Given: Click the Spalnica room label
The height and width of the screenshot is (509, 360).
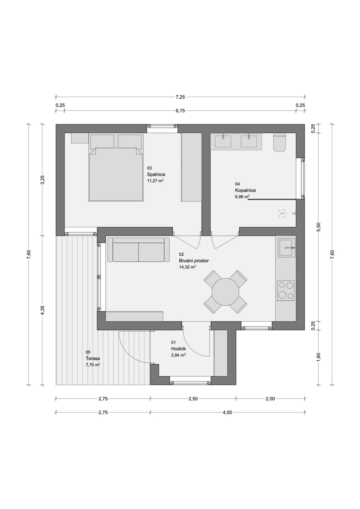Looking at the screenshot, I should pyautogui.click(x=156, y=174).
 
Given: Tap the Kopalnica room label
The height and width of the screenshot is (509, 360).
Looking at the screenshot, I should pyautogui.click(x=245, y=190).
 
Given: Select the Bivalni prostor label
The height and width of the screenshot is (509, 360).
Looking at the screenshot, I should pyautogui.click(x=194, y=261).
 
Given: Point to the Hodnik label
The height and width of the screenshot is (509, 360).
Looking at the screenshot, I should pyautogui.click(x=179, y=349).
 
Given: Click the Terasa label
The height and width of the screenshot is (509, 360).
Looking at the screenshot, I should pyautogui.click(x=93, y=359).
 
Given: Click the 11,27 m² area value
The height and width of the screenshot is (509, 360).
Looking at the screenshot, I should pyautogui.click(x=155, y=181).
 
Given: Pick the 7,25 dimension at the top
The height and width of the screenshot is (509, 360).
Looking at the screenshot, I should pyautogui.click(x=180, y=97).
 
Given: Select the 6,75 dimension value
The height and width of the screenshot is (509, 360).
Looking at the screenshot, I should pyautogui.click(x=180, y=111).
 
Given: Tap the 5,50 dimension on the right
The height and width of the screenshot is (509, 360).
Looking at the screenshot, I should pyautogui.click(x=318, y=227).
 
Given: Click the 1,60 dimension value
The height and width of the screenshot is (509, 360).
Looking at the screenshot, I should pyautogui.click(x=318, y=356).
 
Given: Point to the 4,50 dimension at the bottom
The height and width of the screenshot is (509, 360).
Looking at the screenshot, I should pyautogui.click(x=227, y=413).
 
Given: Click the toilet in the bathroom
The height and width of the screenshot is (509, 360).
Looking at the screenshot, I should pyautogui.click(x=279, y=143).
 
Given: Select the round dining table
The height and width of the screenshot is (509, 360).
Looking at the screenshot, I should pyautogui.click(x=225, y=292).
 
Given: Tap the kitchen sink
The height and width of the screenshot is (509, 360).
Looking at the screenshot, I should pyautogui.click(x=287, y=247).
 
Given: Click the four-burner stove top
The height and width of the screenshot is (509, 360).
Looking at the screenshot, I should pyautogui.click(x=286, y=290).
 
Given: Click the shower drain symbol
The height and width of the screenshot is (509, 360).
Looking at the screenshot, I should pyautogui.click(x=283, y=214).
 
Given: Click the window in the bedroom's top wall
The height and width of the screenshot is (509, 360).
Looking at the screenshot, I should pyautogui.click(x=162, y=126).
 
